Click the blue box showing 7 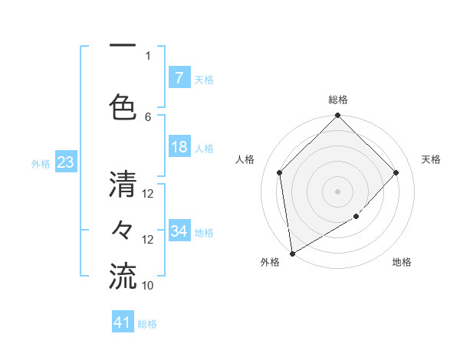coord(179,78)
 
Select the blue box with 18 coord(179,147)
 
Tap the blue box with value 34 coord(179,231)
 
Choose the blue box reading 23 coord(65,162)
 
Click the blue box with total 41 coord(123,322)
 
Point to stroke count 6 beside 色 coord(148,116)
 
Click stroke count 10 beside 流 coord(148,285)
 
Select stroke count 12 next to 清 coord(148,194)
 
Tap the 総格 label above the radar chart coord(338,100)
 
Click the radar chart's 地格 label coord(402,262)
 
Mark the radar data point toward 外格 coord(292,254)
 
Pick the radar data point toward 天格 coord(396,172)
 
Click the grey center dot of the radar coord(338,191)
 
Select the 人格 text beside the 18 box coord(204,148)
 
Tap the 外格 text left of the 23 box coord(41,163)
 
